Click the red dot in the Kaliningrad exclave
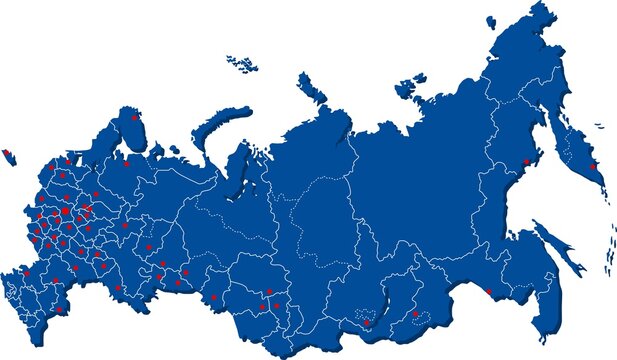coord(8,152)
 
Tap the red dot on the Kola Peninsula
coord(135,117)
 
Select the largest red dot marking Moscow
coord(66,211)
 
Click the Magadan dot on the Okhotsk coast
coord(527,163)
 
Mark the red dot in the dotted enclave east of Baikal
coord(415,314)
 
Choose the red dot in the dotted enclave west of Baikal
coord(367,323)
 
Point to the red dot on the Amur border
coord(488,291)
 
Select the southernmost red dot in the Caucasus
coord(60,310)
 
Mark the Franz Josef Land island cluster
coord(240,63)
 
